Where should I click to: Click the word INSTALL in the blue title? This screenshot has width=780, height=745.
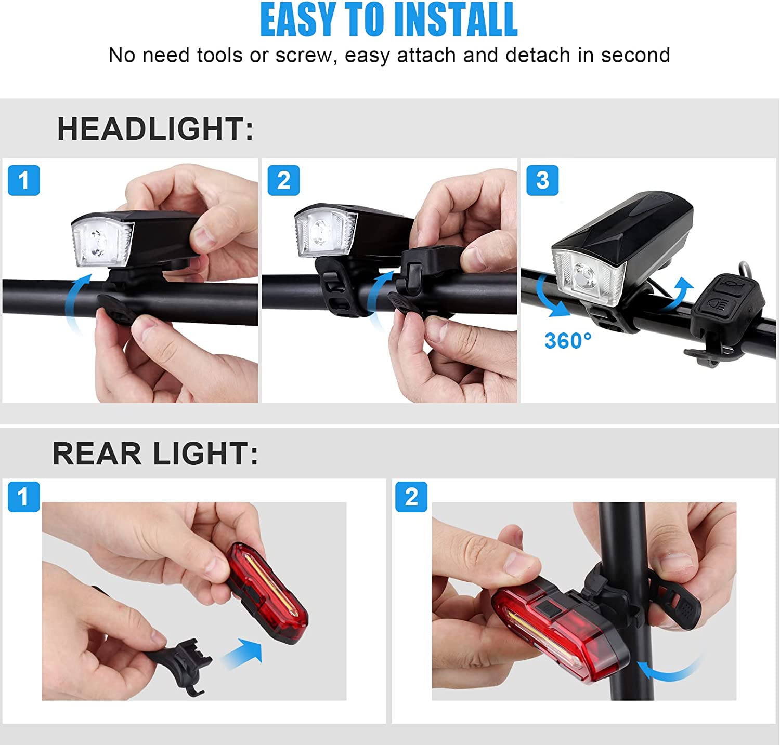pos(455,20)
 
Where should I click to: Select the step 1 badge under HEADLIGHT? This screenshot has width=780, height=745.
pos(24,180)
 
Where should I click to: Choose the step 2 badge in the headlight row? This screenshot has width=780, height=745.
pos(283,180)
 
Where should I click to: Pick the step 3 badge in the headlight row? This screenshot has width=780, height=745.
pos(542,180)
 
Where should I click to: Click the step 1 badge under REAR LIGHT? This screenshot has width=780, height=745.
pos(24,497)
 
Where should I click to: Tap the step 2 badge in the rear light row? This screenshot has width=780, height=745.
pos(411,497)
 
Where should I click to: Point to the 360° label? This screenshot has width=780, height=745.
pos(568,341)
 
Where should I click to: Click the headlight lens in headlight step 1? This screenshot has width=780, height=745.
pos(102,242)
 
